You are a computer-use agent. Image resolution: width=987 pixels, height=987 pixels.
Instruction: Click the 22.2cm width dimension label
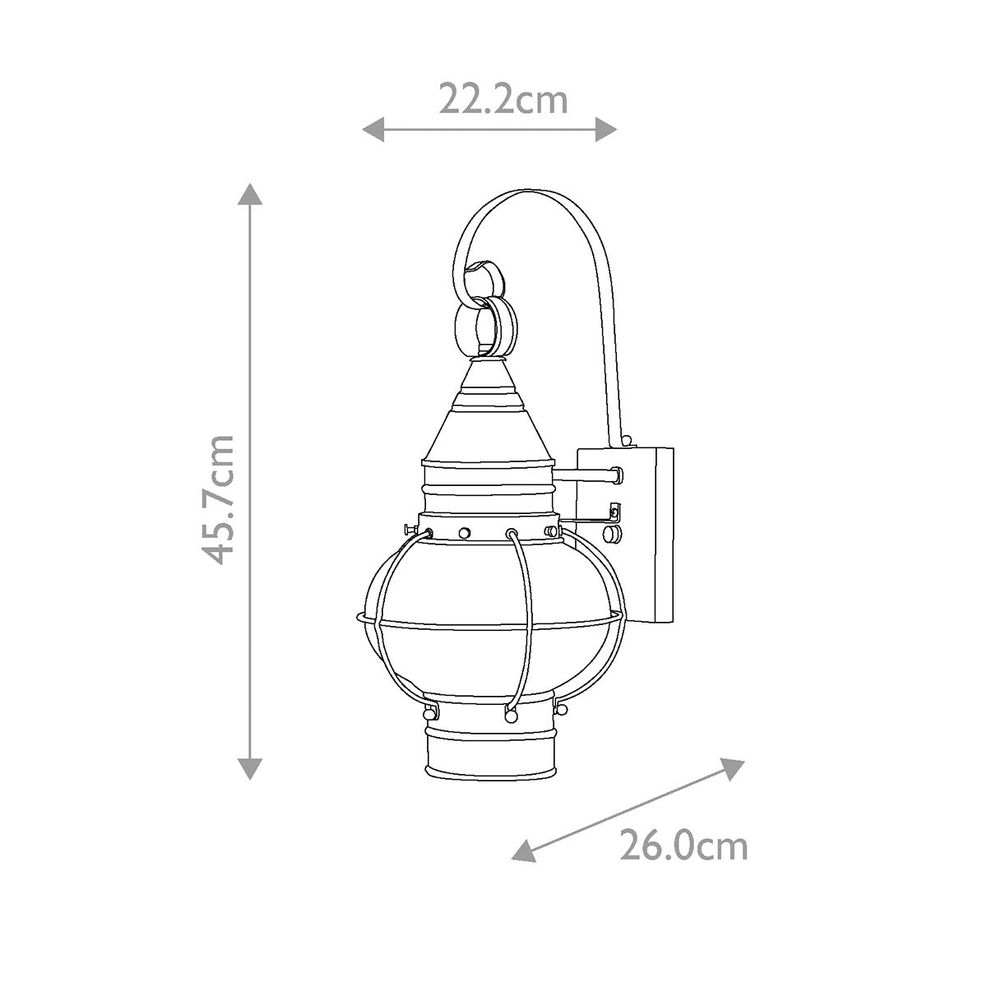[x=503, y=100]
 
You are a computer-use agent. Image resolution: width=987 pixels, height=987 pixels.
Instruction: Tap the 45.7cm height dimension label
[x=220, y=498]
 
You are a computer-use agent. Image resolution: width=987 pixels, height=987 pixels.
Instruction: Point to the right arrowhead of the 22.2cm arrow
[x=606, y=128]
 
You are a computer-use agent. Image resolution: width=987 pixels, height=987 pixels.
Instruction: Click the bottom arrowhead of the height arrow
[x=250, y=767]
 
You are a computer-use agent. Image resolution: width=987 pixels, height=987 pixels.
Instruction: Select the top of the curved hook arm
[x=526, y=195]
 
